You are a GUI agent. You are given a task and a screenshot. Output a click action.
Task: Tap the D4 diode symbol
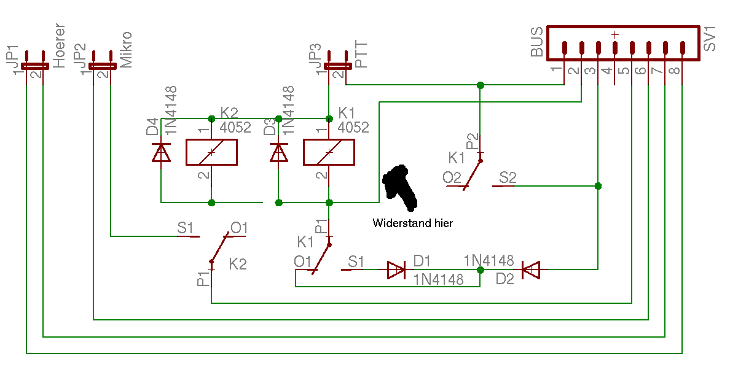tap(161, 152)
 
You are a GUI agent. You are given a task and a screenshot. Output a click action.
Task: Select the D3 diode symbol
tap(278, 152)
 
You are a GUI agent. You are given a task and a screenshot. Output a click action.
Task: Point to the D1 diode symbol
tap(397, 269)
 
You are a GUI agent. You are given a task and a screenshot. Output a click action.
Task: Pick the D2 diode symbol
tap(530, 269)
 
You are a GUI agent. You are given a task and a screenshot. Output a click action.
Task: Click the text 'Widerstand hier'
tap(412, 223)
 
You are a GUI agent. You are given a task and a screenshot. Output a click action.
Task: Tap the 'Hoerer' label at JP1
tap(59, 47)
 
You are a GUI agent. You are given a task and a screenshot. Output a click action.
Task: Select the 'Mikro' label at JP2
tap(126, 50)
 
